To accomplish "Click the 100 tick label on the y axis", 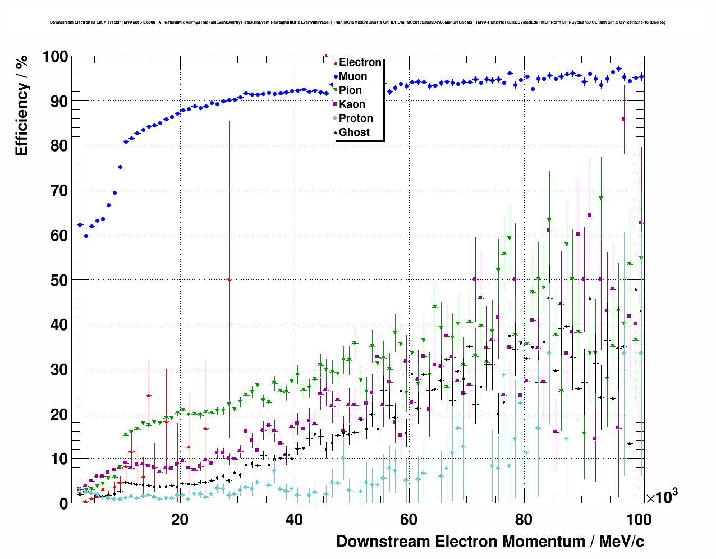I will [55, 57].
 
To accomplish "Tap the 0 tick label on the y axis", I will [63, 504].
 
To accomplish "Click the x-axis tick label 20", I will [180, 520].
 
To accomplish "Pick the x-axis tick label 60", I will [409, 520].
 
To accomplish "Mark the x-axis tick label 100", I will [639, 520].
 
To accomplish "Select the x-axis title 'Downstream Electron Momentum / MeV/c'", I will [490, 542].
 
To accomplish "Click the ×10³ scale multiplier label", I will [662, 496].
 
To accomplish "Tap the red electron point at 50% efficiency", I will [229, 279].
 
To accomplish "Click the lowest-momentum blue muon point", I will [80, 224].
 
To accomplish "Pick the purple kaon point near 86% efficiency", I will [623, 119].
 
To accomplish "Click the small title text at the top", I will [357, 22].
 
